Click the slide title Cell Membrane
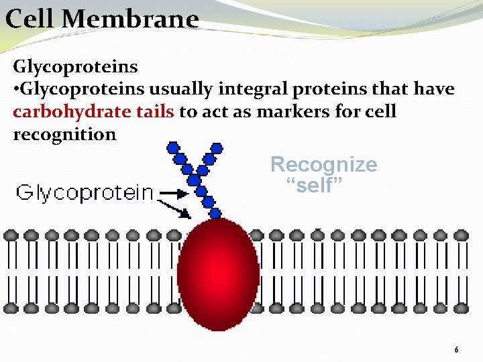102,19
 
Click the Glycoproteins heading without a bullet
75,67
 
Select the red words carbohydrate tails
94,111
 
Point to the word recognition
64,134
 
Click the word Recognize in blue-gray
323,165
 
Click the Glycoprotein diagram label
85,194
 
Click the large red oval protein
218,274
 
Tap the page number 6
456,350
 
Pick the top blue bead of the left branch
173,146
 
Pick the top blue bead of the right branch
217,147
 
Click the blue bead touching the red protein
215,214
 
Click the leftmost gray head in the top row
10,235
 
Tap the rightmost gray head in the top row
461,235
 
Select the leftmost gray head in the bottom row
10,308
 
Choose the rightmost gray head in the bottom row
461,308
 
